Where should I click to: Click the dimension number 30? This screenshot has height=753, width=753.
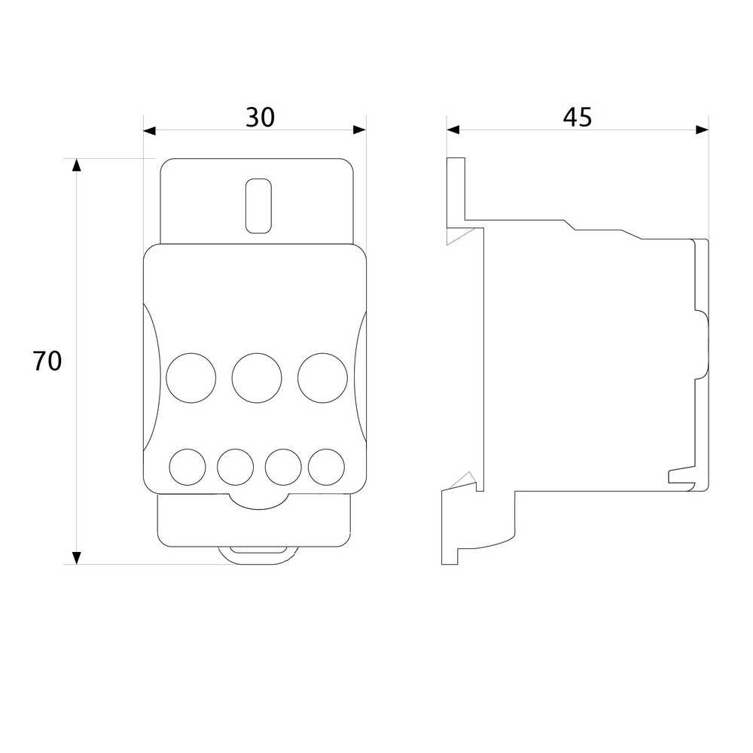[260, 117]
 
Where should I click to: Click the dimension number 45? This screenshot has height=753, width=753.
[578, 117]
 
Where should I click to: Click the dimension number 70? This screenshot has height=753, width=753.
[47, 361]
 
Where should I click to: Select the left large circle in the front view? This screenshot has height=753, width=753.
[191, 378]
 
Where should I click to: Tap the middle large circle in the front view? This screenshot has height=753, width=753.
[257, 378]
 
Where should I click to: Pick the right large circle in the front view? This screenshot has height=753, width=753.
[322, 378]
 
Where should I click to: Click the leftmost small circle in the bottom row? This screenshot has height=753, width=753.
[187, 467]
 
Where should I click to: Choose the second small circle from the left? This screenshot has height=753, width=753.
[235, 467]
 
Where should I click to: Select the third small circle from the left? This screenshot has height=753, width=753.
[283, 467]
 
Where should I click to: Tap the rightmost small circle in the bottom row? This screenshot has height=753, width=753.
[327, 467]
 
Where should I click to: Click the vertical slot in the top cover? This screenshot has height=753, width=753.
[258, 206]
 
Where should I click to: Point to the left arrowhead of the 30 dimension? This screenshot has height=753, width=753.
[150, 130]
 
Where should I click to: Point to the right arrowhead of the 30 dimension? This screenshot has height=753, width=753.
[360, 130]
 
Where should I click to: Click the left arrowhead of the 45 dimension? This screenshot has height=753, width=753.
[453, 130]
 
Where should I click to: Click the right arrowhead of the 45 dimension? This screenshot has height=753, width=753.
[702, 130]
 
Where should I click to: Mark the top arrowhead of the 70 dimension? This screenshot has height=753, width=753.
[76, 165]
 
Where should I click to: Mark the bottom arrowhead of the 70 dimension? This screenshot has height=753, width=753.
[76, 558]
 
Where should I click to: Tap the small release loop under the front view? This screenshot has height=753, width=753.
[259, 556]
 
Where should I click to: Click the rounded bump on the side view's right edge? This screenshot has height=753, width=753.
[702, 344]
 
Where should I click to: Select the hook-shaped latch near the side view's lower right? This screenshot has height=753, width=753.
[682, 476]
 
